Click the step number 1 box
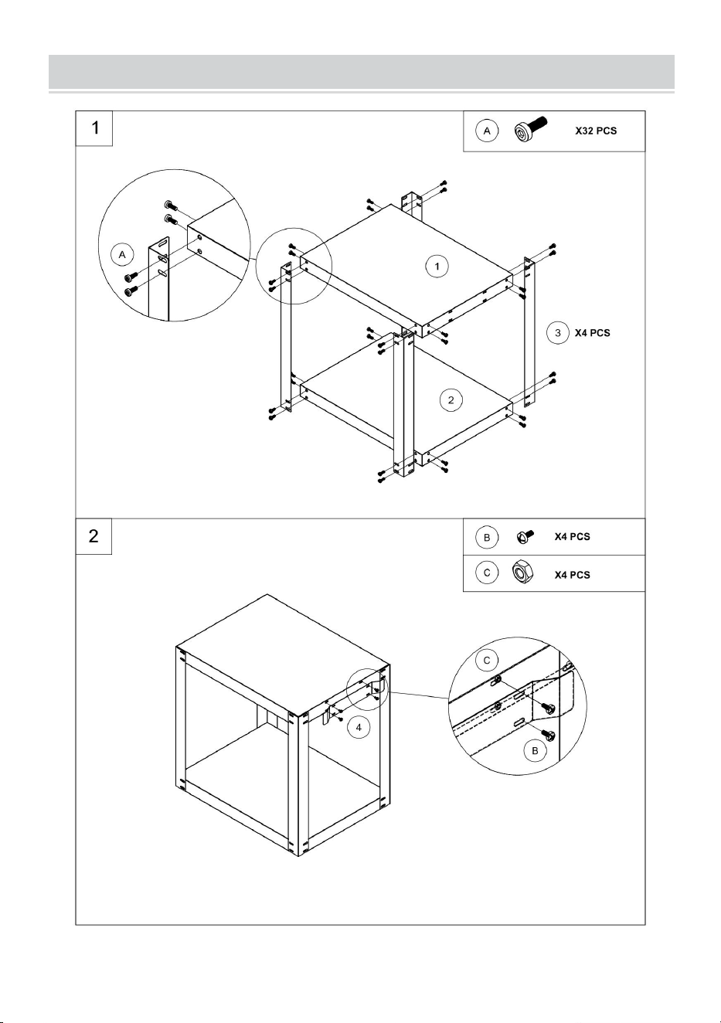pos(94,128)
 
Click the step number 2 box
pos(94,536)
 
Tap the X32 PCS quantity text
pos(596,131)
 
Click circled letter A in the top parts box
pos(487,131)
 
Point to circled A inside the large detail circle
pos(122,254)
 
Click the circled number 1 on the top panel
pos(437,267)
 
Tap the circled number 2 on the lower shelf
pos(451,400)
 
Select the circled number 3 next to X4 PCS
pos(558,333)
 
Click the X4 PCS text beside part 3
pos(592,333)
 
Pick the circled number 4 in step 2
pos(359,728)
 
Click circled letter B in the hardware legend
pos(487,538)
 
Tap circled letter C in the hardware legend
pos(487,573)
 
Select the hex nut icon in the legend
pos(521,572)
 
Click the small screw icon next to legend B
pos(525,536)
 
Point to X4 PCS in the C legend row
pos(572,575)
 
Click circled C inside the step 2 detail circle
pos(487,661)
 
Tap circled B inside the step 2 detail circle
pos(535,751)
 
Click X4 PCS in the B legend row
pos(572,537)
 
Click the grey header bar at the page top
pos(362,72)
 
